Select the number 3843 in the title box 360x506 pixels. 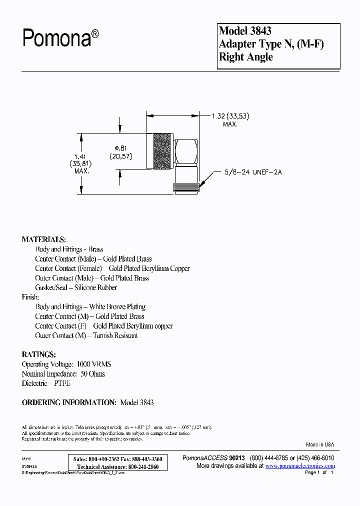coord(260,31)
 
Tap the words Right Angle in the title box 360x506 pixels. coord(246,57)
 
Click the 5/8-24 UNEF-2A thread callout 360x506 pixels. coord(254,172)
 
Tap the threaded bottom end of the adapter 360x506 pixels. coord(185,188)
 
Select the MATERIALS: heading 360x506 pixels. coord(43,239)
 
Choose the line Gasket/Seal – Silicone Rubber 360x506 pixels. coord(76,287)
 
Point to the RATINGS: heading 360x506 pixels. coord(38,354)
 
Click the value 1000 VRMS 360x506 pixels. coord(93,364)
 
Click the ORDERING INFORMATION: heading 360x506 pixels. coord(69,402)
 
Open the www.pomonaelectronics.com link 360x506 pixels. coord(300,466)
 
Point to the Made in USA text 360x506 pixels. coord(320,444)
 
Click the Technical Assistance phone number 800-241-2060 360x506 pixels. coord(144,466)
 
